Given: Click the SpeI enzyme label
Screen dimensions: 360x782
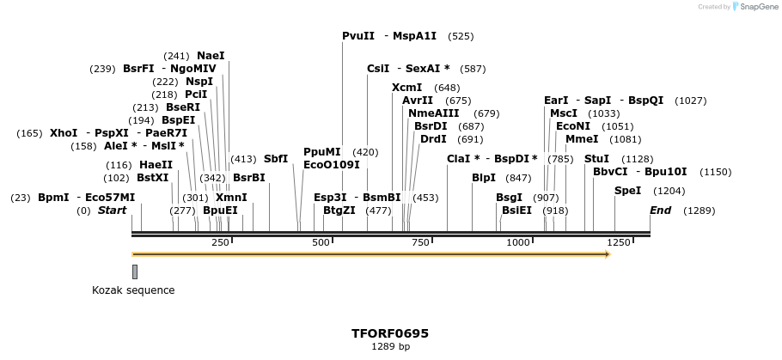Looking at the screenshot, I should [x=627, y=191].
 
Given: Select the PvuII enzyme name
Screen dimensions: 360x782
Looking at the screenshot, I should [x=358, y=36].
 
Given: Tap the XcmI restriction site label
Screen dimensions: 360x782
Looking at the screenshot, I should [x=407, y=88].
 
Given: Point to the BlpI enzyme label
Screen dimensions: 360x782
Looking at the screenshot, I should [x=484, y=178].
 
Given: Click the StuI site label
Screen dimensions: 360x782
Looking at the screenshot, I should [x=596, y=159].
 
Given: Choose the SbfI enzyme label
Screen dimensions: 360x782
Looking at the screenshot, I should [x=276, y=159].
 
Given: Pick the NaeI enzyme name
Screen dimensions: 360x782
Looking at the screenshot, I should [x=211, y=56].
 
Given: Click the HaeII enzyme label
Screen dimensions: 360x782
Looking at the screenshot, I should [x=156, y=165].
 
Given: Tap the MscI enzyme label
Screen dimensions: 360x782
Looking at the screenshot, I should [x=564, y=113].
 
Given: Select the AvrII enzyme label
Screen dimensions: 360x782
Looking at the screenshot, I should [x=418, y=101].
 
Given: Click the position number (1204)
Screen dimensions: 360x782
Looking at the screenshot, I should [x=669, y=191].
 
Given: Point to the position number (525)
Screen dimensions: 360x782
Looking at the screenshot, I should [x=461, y=36].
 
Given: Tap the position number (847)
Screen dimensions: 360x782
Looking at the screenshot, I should [x=518, y=178].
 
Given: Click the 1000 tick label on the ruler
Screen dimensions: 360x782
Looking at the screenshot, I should [x=519, y=243].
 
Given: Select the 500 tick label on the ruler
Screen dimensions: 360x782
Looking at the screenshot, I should [x=321, y=243].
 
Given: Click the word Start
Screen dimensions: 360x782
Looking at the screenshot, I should [x=112, y=211].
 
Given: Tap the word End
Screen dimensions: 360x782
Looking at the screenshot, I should [x=660, y=211].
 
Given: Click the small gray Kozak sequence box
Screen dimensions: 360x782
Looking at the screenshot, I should [x=135, y=272].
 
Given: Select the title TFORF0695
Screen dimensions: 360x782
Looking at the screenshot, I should [x=390, y=333].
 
